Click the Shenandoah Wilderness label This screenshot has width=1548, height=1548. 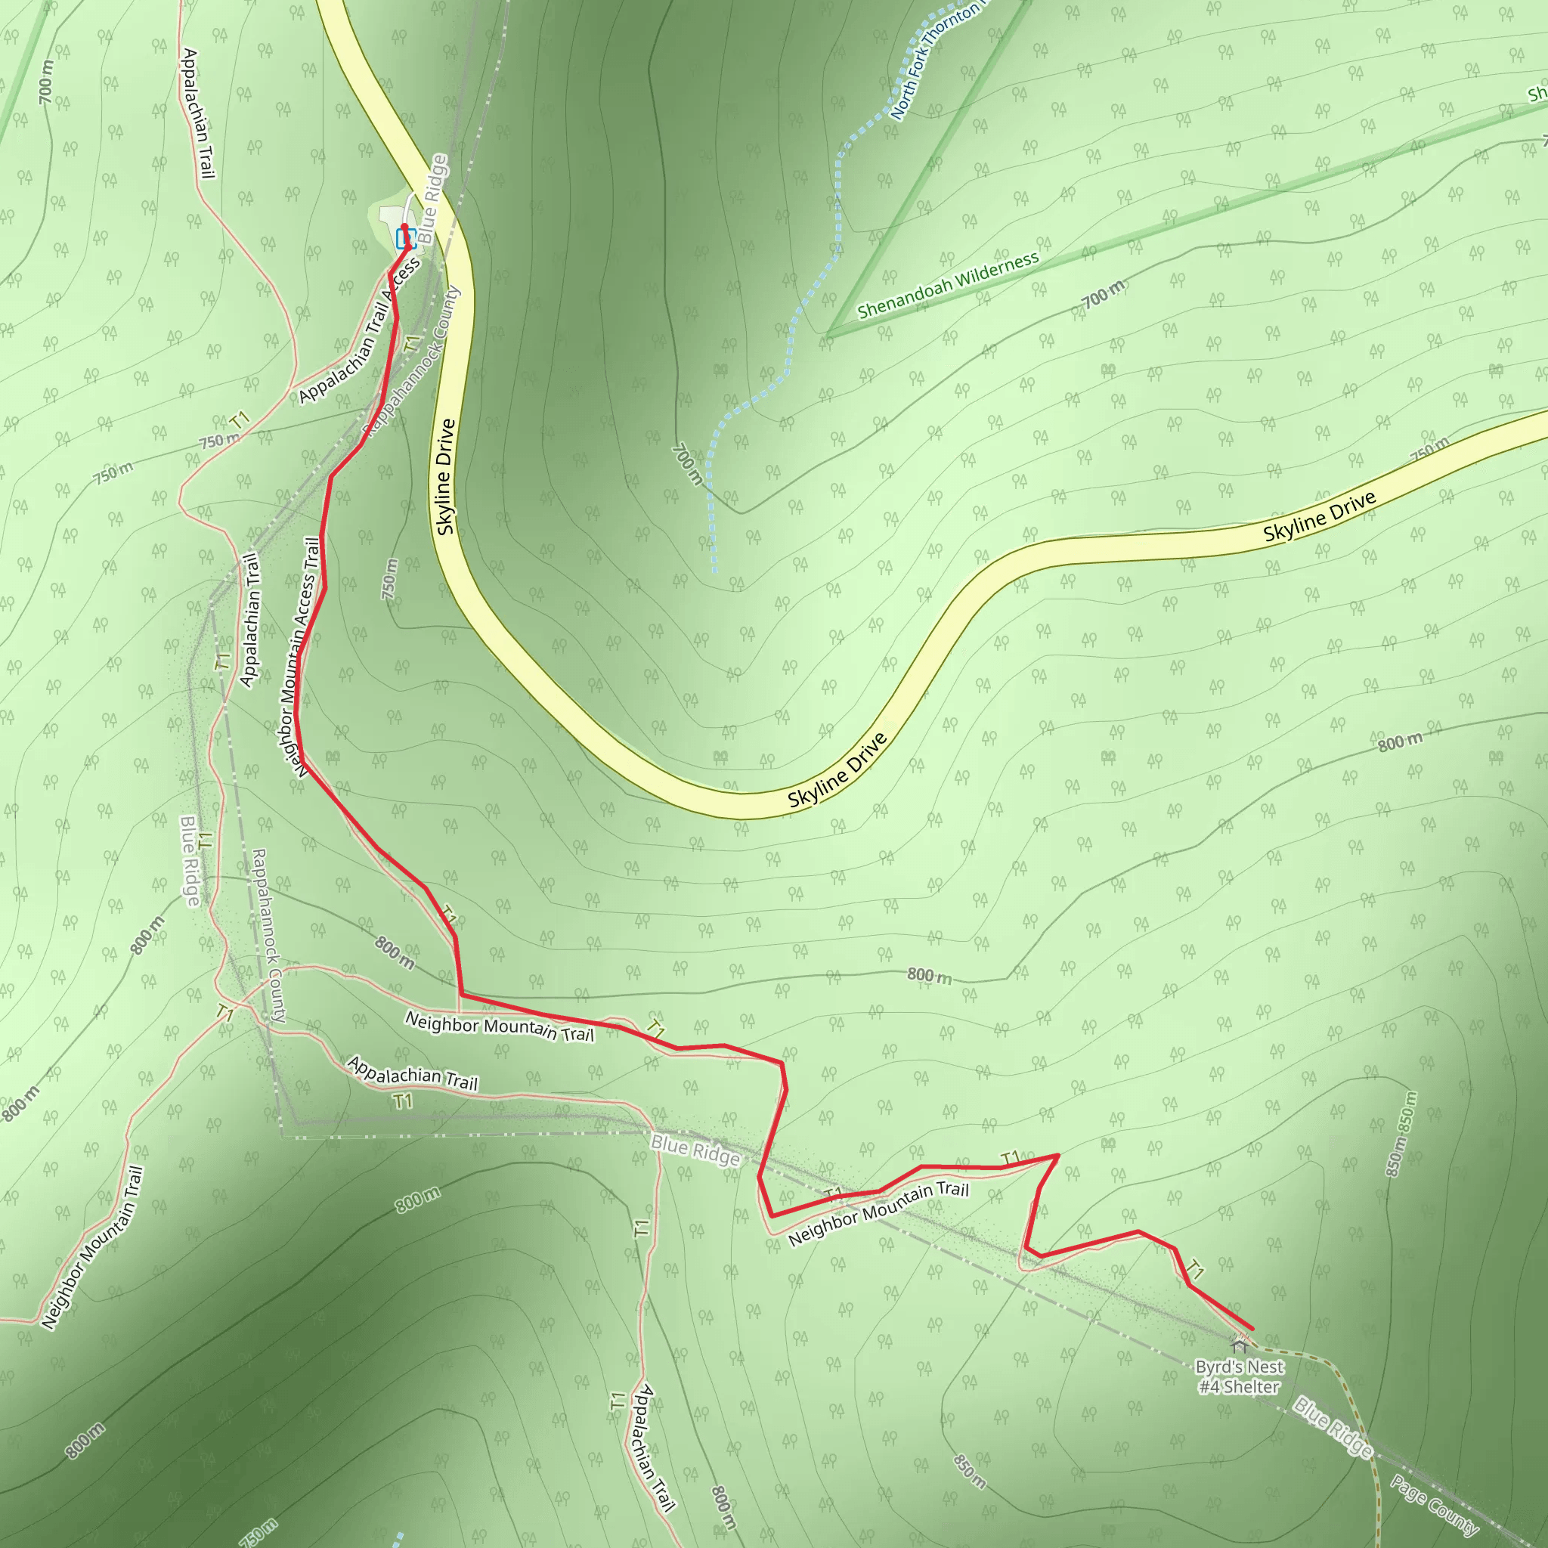[948, 284]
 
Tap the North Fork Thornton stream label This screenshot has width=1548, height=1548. [934, 60]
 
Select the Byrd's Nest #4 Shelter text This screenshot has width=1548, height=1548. [1239, 1376]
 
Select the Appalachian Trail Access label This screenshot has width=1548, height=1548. [359, 331]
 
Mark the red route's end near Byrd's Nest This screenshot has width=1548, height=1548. [1252, 1330]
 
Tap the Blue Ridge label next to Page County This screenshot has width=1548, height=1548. [1333, 1427]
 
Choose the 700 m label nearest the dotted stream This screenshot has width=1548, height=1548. [686, 465]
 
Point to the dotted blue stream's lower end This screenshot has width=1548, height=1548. [714, 571]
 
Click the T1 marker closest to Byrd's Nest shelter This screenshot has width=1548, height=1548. [1195, 1270]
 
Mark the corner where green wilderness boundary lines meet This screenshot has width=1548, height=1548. [828, 333]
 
